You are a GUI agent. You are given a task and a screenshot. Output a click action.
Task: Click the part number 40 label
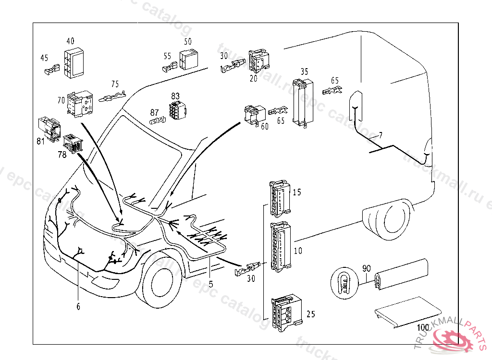click(x=71, y=41)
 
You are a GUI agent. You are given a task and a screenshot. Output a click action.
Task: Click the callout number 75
click(x=115, y=84)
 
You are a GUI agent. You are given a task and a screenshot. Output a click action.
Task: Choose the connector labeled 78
click(x=73, y=142)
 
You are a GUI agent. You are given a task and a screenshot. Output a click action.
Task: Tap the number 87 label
click(x=154, y=112)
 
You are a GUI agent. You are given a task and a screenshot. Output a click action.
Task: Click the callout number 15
click(x=297, y=192)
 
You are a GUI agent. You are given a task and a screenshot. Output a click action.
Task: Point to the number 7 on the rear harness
click(x=381, y=136)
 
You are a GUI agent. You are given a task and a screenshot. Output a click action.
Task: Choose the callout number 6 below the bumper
click(x=78, y=306)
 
